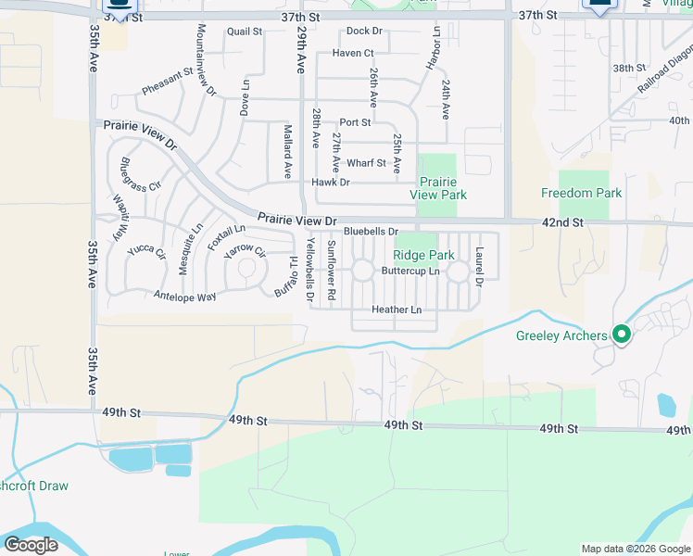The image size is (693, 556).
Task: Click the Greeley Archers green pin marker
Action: tap(622, 335)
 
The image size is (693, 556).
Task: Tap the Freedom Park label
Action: tap(582, 194)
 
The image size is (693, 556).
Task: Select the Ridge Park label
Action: tap(423, 255)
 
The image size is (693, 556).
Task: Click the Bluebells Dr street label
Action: tap(371, 231)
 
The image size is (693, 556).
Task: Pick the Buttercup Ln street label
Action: tap(410, 271)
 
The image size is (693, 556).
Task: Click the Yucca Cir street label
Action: tap(146, 250)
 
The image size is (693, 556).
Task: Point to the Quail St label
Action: tap(245, 32)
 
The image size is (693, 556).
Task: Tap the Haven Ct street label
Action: tap(352, 54)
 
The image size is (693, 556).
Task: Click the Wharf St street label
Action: tap(368, 163)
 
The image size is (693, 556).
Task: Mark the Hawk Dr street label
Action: tap(331, 183)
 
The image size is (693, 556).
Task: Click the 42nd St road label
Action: tap(563, 222)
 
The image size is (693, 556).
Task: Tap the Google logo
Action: tap(30, 545)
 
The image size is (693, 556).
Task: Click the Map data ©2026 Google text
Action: tap(636, 549)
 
